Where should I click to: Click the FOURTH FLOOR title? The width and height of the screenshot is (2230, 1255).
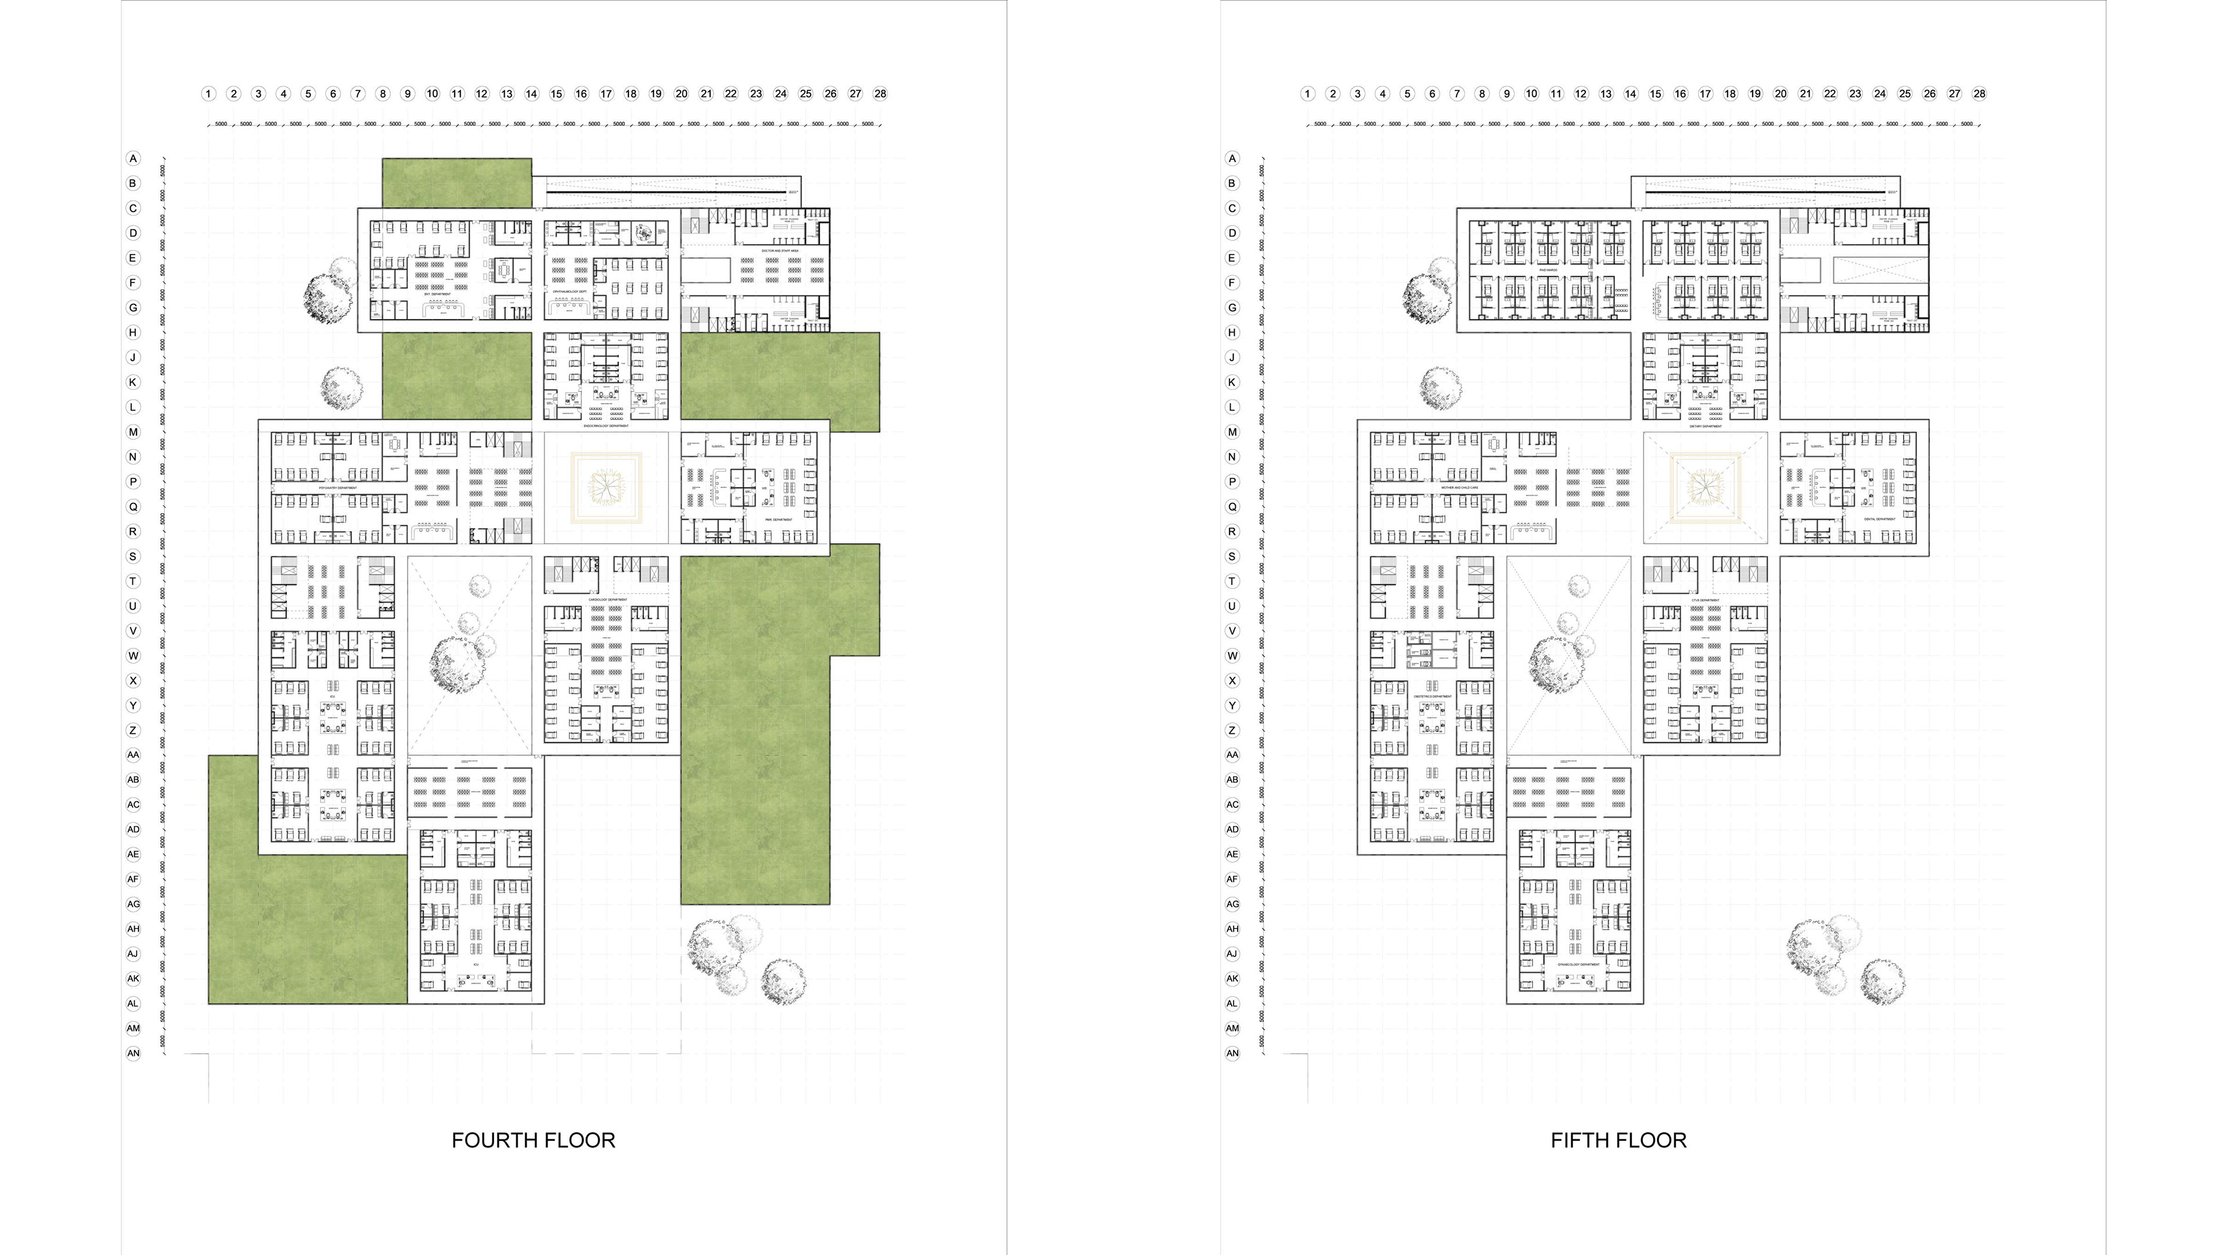click(x=533, y=1140)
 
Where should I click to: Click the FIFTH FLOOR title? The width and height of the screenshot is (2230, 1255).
click(x=1618, y=1140)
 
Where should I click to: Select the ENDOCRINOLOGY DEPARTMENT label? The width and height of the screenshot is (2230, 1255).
click(x=606, y=426)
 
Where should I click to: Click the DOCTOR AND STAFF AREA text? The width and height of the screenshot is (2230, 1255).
click(x=780, y=250)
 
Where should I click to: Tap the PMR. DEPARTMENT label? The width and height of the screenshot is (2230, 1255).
click(x=778, y=519)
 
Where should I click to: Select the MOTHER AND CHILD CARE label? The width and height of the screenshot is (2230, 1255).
click(x=1459, y=487)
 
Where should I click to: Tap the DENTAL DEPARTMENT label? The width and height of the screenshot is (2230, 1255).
click(x=1879, y=519)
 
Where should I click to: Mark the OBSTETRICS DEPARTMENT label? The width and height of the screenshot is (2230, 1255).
click(x=1433, y=697)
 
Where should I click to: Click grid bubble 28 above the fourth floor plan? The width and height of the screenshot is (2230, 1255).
click(x=880, y=94)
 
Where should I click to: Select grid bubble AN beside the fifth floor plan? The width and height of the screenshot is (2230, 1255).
click(x=1232, y=1053)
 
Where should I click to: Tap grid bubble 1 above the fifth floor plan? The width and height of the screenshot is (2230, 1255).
click(x=1307, y=94)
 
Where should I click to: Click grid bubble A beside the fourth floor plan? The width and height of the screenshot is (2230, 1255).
click(x=132, y=159)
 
